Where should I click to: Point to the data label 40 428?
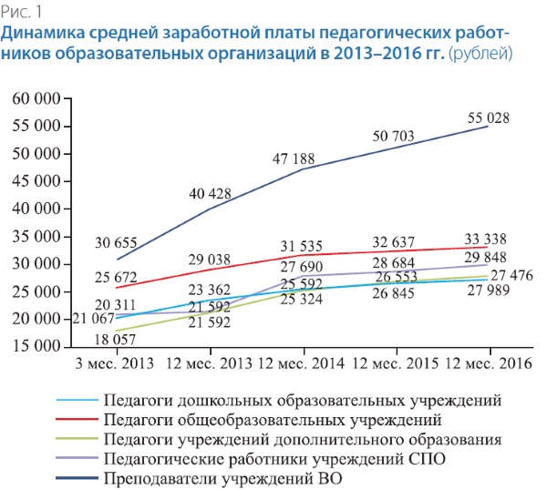click(x=210, y=193)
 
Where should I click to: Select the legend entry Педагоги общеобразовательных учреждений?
click(x=273, y=421)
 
